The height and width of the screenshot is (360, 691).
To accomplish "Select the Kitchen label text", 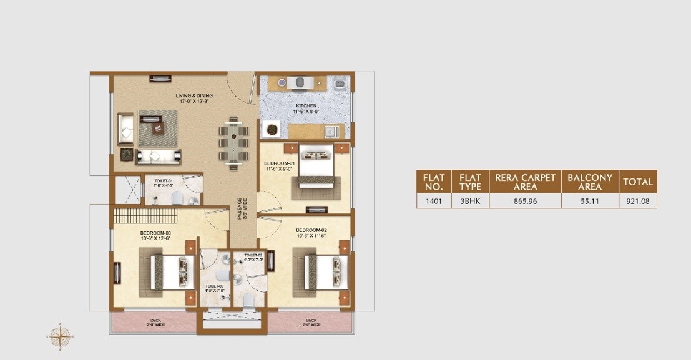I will pos(306,109).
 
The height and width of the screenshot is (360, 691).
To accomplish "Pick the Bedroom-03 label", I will pos(155,236).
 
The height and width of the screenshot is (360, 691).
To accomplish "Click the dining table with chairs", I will pos(233,142).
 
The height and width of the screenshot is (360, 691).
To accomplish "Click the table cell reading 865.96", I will pos(525,201).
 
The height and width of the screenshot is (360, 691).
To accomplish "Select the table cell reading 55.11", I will pos(589,201).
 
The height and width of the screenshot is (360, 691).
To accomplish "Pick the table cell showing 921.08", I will pos(637,201).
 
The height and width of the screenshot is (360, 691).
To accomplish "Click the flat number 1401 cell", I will pos(433,201).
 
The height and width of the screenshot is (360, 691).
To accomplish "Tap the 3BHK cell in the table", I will pos(470,201).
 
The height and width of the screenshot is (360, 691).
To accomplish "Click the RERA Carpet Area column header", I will pos(525,182).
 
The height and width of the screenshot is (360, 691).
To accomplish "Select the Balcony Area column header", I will pos(589,182).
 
